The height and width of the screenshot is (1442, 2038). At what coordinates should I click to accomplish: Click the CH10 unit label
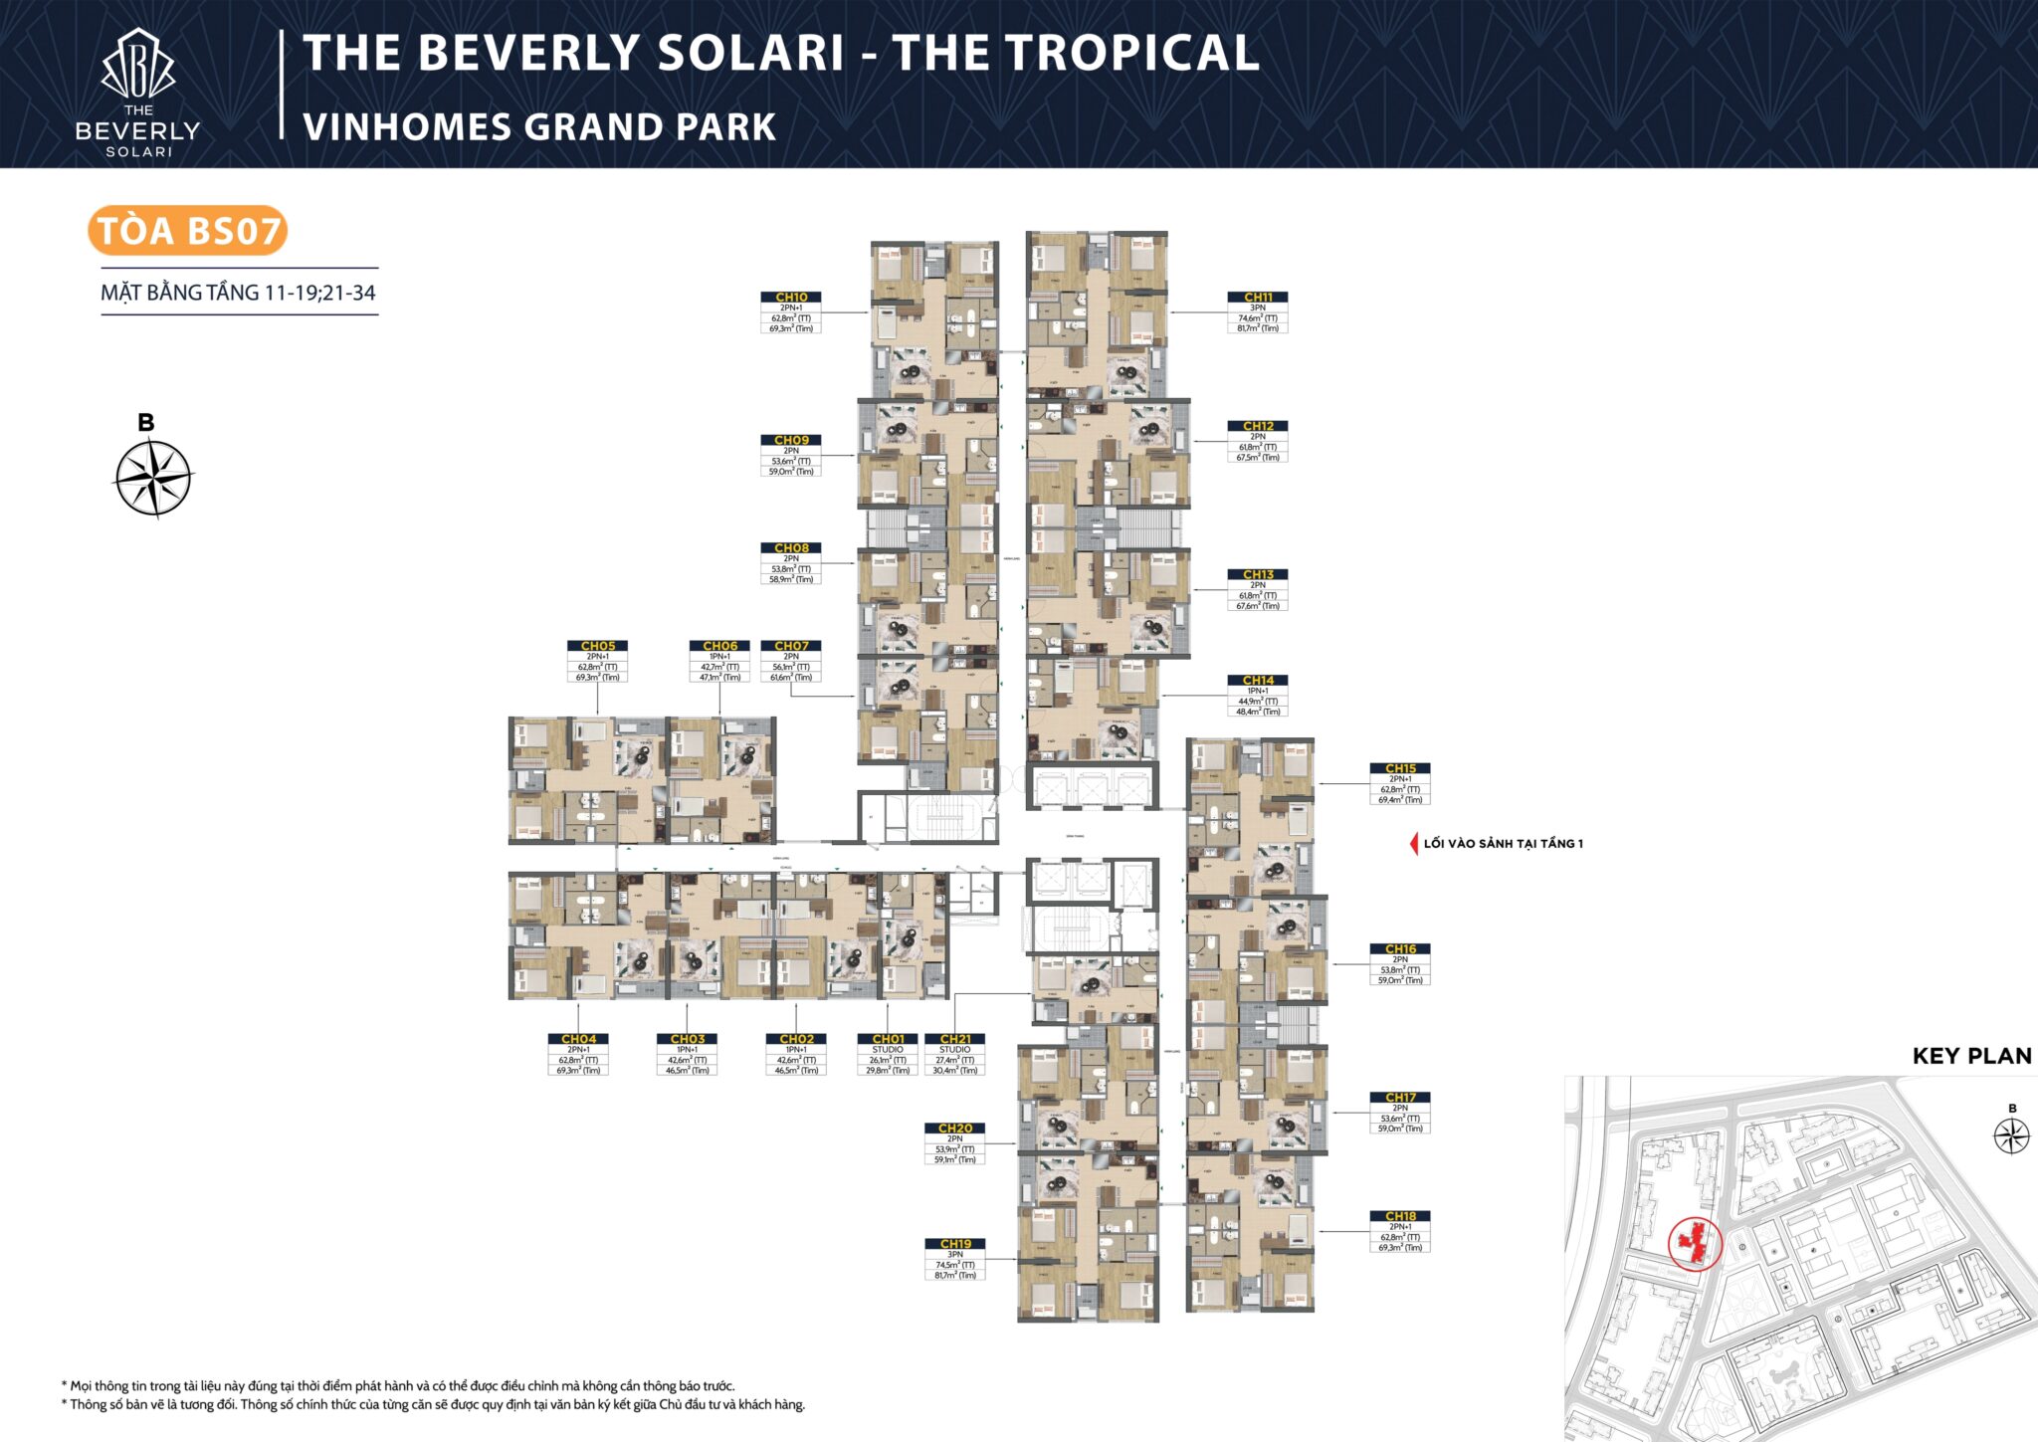coord(791,297)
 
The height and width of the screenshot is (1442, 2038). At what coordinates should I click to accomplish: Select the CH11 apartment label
coord(1258,297)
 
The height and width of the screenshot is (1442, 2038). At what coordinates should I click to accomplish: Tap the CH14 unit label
coord(1258,681)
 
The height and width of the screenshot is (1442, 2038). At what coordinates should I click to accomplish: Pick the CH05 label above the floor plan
coord(598,646)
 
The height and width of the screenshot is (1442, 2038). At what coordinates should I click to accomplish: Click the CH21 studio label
coord(955,1039)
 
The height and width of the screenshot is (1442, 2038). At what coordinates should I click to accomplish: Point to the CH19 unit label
coord(955,1244)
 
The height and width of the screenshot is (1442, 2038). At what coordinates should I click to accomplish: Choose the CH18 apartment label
coord(1400,1216)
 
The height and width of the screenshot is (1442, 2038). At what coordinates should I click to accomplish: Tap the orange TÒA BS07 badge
coord(188,231)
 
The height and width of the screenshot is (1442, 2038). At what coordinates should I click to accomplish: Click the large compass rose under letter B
coord(153,479)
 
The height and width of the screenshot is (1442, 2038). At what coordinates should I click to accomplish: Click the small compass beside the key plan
coord(2011,1135)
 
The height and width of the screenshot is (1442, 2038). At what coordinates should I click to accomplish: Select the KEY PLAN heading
coord(1971,1056)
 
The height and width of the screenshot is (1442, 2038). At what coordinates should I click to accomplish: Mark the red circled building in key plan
coord(1694,1243)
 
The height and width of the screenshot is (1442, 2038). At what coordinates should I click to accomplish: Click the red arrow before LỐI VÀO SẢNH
coord(1413,844)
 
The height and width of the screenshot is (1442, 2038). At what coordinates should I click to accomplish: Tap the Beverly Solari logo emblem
coord(138,65)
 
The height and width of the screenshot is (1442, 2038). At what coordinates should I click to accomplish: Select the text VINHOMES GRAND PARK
coord(538,127)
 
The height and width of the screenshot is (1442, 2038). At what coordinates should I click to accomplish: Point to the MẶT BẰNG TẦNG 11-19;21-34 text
coord(238,293)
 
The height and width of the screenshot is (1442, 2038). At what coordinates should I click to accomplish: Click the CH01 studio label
coord(888,1039)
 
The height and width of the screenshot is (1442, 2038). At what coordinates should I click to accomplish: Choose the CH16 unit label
coord(1400,949)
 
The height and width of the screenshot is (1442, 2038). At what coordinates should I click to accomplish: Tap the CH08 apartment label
coord(791,548)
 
